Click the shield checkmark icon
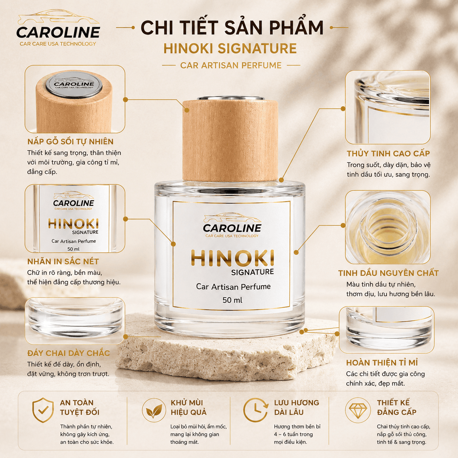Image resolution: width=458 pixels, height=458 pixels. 43,410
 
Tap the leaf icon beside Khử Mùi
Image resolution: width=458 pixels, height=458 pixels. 154,411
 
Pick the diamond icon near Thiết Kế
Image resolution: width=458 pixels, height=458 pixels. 358,410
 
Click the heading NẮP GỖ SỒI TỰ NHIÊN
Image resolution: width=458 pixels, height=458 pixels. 70,142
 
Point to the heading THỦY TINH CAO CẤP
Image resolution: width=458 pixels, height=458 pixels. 388,153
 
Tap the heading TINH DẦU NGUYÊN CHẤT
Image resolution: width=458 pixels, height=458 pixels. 388,273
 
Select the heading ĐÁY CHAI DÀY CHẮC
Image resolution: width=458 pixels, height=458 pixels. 69,353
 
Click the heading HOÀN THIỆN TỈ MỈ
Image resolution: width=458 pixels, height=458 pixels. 382,363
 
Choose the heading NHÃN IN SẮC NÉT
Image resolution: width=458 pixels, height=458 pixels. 63,262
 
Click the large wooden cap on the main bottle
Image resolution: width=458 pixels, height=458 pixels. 230,140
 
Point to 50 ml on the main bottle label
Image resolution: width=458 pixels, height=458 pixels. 232,300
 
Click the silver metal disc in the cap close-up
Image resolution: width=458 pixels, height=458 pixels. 74,84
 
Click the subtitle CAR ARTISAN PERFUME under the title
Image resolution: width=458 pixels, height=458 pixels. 231,65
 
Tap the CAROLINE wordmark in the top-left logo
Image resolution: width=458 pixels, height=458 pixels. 58,33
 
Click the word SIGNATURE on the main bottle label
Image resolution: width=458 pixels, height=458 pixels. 252,272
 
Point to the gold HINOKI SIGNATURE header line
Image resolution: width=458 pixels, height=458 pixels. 230,49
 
